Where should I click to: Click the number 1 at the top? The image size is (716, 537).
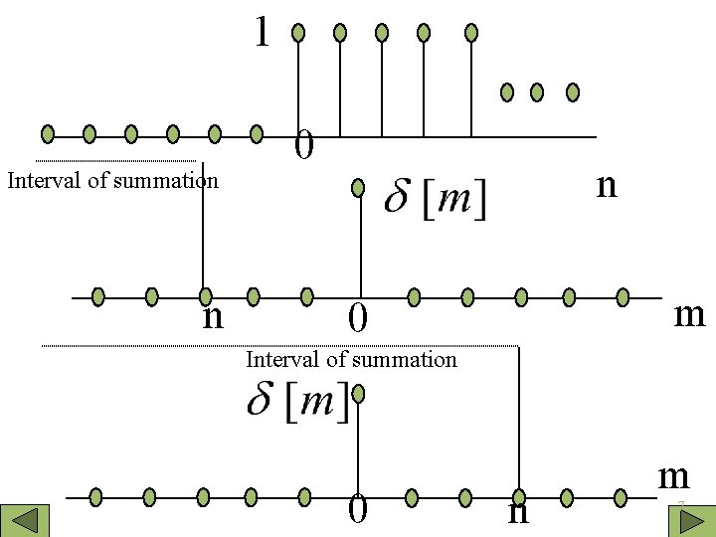click(262, 32)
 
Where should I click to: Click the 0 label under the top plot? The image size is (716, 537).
click(304, 147)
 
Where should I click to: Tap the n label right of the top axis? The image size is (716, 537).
click(606, 184)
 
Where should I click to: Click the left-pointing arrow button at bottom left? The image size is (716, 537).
click(24, 521)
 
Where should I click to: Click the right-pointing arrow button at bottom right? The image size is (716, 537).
click(693, 521)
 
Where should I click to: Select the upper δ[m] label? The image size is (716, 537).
click(436, 199)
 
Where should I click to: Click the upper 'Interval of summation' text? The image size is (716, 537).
click(112, 181)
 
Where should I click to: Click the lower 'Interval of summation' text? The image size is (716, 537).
click(351, 359)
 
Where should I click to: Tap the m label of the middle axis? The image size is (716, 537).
click(689, 314)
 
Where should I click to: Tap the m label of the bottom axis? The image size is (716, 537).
click(673, 476)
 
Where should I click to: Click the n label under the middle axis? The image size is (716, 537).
click(212, 317)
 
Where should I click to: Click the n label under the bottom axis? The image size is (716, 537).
click(517, 512)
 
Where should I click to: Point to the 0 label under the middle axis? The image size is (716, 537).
click(358, 319)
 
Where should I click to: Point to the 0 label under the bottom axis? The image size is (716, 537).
click(358, 510)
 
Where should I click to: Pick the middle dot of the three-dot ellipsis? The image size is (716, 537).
click(537, 92)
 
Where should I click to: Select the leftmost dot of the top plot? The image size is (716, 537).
click(48, 133)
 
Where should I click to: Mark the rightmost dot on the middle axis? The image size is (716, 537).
click(623, 295)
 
